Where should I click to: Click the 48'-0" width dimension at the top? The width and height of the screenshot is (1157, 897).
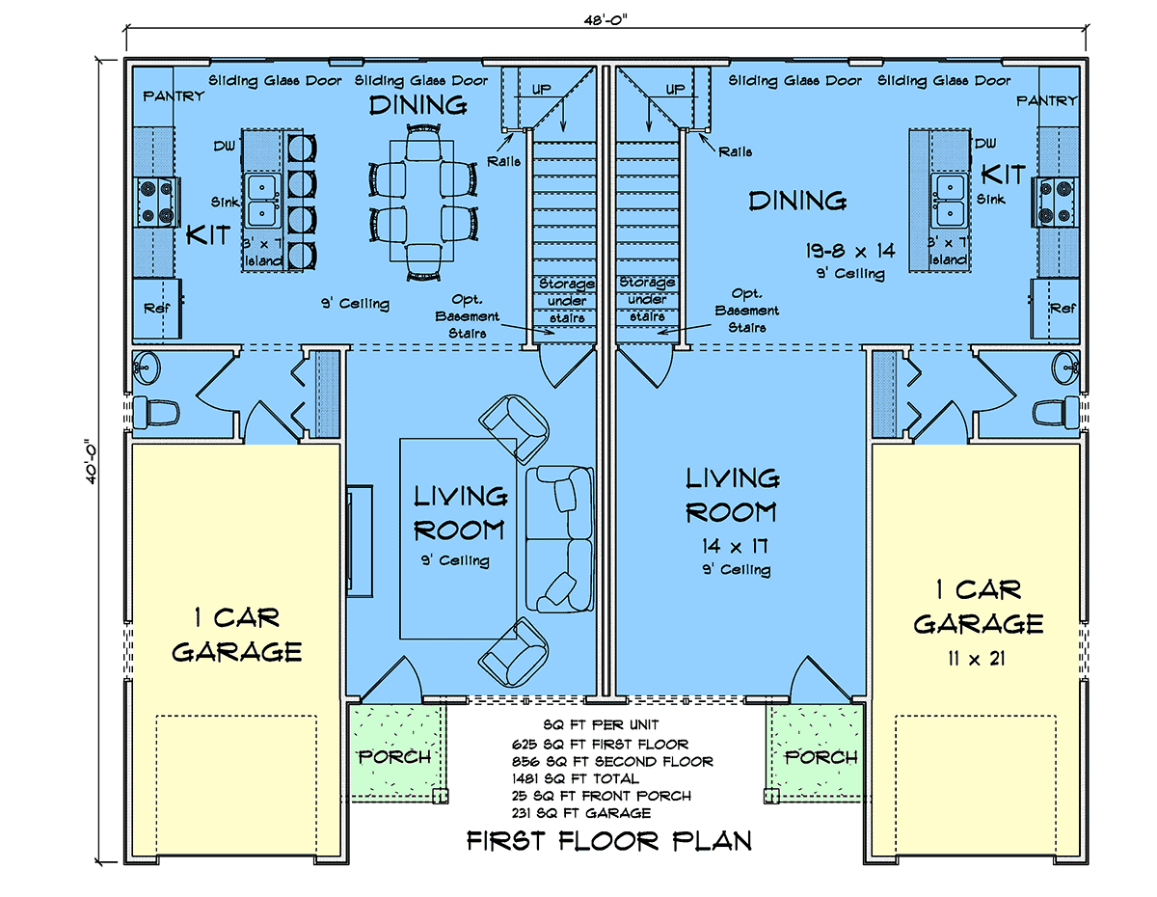pyautogui.click(x=605, y=20)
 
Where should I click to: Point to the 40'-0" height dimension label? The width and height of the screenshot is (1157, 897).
pyautogui.click(x=91, y=461)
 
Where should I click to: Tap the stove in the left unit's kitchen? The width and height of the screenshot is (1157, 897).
pyautogui.click(x=156, y=202)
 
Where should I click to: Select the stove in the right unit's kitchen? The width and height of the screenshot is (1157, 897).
pyautogui.click(x=1056, y=202)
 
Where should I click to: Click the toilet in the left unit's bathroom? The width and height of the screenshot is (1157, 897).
pyautogui.click(x=155, y=413)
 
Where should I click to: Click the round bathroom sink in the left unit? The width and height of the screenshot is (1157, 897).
pyautogui.click(x=146, y=367)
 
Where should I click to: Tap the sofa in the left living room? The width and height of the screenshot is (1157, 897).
pyautogui.click(x=559, y=538)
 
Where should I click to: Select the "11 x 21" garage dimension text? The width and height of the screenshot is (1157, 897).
pyautogui.click(x=976, y=659)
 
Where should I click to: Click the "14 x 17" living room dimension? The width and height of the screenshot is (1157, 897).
pyautogui.click(x=735, y=546)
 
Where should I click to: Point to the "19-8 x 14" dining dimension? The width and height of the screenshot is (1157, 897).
pyautogui.click(x=850, y=251)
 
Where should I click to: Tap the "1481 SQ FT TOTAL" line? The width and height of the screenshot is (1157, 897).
pyautogui.click(x=575, y=778)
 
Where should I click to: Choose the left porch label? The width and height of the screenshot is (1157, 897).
pyautogui.click(x=394, y=757)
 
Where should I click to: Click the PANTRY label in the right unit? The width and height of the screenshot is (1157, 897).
pyautogui.click(x=1047, y=100)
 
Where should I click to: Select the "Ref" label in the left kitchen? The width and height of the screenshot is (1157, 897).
pyautogui.click(x=156, y=308)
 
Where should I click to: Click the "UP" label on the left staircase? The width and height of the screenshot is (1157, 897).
pyautogui.click(x=542, y=89)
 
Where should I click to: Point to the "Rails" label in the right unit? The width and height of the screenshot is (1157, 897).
pyautogui.click(x=736, y=151)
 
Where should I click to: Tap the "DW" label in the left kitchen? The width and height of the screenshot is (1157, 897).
pyautogui.click(x=224, y=146)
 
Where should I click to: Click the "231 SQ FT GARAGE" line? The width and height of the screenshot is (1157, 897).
pyautogui.click(x=581, y=813)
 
